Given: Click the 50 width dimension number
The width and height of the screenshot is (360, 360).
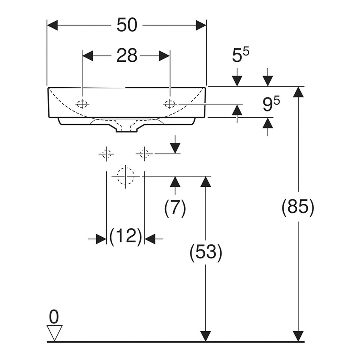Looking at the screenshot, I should pyautogui.click(x=127, y=25).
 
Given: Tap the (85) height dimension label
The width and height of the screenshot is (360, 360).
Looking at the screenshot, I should pyautogui.click(x=298, y=208).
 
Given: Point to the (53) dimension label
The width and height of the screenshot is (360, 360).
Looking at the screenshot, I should pyautogui.click(x=206, y=253).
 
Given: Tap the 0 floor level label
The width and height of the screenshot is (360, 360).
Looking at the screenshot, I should pyautogui.click(x=54, y=316).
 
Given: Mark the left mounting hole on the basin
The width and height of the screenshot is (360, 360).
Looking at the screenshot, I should pyautogui.click(x=83, y=103).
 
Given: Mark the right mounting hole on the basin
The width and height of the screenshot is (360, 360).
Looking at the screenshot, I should pyautogui.click(x=170, y=103).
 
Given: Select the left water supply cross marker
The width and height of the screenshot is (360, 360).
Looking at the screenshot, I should pyautogui.click(x=106, y=154).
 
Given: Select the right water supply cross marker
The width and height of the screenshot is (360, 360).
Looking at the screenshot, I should pyautogui.click(x=144, y=154).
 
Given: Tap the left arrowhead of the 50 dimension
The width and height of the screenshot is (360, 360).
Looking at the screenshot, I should pyautogui.click(x=52, y=25).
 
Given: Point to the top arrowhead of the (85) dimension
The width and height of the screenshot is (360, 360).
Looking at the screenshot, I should pyautogui.click(x=299, y=92).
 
